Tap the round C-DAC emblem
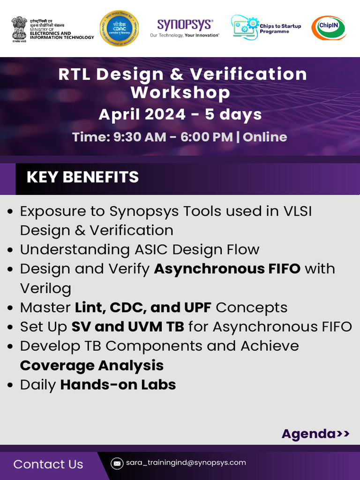pos(116,28)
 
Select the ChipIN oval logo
pos(329,28)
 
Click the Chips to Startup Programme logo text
pos(280,29)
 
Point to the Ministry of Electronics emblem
pos(19,28)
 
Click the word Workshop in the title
pos(180,92)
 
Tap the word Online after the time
pos(265,137)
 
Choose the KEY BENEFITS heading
pos(82,177)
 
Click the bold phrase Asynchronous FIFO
pos(227,269)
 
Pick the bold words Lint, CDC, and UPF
pos(143,307)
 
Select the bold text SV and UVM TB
pos(127,327)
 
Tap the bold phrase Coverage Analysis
pos(92,365)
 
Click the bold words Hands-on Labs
pos(118,385)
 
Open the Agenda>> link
pos(315,434)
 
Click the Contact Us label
pos(48,464)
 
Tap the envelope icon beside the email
pos(117,463)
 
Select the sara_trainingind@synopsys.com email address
pos(186,463)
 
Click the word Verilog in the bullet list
pos(45,288)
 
